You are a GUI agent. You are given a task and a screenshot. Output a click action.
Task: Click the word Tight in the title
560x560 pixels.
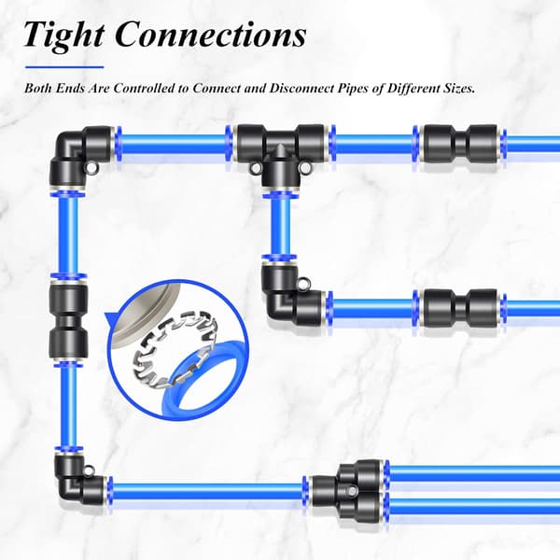point(64,35)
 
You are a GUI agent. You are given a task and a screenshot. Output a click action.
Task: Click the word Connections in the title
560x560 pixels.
point(211,35)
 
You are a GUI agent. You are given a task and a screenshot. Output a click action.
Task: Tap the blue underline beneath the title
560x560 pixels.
point(64,67)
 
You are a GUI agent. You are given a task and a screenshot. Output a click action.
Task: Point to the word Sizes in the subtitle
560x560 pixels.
point(459,89)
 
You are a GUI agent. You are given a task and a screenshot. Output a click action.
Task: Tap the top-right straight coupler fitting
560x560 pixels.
point(460,147)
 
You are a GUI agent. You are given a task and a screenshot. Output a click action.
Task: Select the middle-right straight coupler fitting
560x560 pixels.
point(460,307)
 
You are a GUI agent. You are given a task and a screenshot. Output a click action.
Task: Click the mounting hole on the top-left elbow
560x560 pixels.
point(90,166)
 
